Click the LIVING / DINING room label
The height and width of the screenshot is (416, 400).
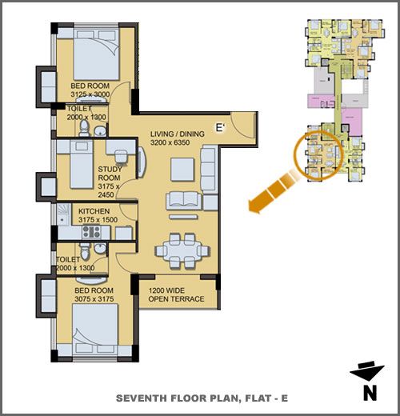tap(178, 134)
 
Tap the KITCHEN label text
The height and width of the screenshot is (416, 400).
tap(94, 211)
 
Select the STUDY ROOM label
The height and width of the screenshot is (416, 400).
tap(110, 174)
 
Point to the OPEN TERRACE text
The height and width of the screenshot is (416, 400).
tap(176, 299)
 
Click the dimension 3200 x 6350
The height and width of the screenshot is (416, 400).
tap(170, 142)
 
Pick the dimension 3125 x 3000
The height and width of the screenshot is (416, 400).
tap(90, 94)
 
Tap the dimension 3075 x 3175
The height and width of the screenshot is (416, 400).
tap(94, 299)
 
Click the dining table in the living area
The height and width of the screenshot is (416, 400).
tap(182, 250)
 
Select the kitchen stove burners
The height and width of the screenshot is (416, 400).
tap(91, 232)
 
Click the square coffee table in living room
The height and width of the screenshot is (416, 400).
tap(182, 170)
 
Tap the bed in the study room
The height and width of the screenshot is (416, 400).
tap(82, 164)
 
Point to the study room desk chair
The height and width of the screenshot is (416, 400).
tap(121, 156)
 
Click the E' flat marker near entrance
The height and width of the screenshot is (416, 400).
tap(220, 128)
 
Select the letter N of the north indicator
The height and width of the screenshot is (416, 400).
tap(370, 393)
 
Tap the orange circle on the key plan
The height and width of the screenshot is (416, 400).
tap(318, 155)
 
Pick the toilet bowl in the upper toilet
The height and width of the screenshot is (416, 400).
tap(85, 128)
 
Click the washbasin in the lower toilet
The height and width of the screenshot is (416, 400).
tap(100, 248)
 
